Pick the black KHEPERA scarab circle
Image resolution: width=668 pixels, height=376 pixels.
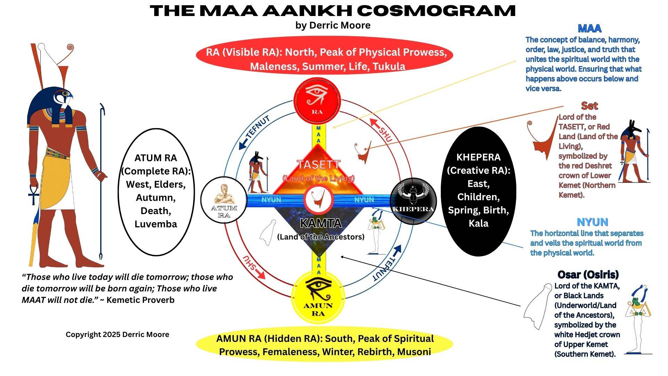point(413,200)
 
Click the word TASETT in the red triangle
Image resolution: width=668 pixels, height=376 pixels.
point(318,164)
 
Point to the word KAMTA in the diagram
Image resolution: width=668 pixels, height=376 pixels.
point(320,223)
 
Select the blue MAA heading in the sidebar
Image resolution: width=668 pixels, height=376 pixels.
point(589,28)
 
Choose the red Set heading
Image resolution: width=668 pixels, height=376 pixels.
point(589,105)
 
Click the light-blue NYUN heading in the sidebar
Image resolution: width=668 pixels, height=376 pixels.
point(592,222)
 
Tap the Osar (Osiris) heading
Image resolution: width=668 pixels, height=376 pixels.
point(588,274)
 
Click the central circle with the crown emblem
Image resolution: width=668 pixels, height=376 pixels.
point(318,200)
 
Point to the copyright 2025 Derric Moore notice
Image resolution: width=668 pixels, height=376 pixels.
point(117,335)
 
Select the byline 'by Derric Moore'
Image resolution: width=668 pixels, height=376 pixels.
point(333,25)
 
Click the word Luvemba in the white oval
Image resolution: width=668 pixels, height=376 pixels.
point(156,224)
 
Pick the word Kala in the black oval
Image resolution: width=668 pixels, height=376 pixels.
point(478,223)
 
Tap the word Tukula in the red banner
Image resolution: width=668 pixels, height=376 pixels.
point(389,66)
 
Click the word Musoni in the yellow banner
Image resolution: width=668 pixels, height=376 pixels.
point(414,352)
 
